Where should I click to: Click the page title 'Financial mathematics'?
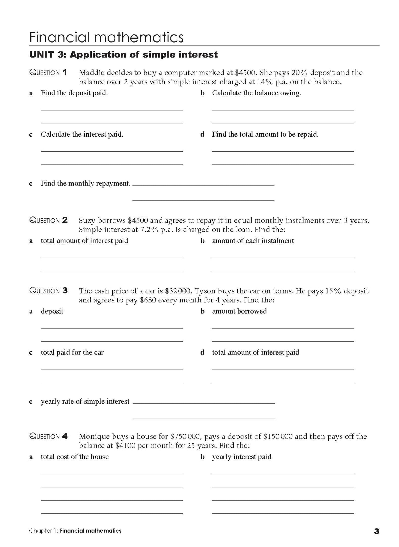click(106, 37)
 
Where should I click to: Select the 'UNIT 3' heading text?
click(123, 55)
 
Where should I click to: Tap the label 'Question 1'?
click(48, 73)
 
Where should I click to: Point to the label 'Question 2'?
click(48, 220)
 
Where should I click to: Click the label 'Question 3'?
click(48, 291)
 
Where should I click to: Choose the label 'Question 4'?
click(48, 437)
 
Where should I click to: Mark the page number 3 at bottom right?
click(376, 531)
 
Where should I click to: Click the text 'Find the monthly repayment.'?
click(86, 183)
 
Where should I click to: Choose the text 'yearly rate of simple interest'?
click(85, 401)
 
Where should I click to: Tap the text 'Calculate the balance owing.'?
click(257, 93)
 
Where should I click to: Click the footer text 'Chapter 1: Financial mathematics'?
click(75, 531)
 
